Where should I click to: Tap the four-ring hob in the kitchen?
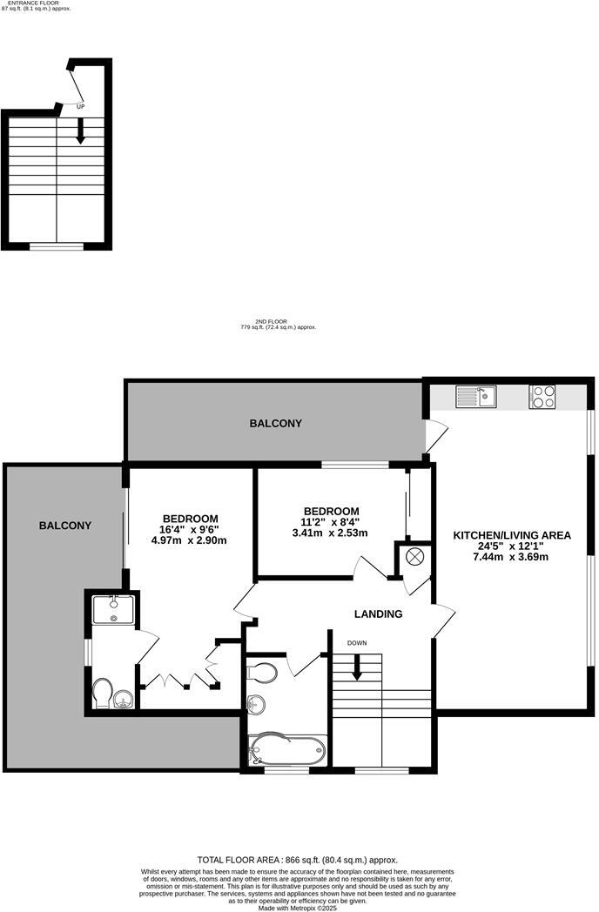coord(542,397)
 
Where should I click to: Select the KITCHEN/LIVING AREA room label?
coord(511,535)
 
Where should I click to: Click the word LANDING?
coord(378,614)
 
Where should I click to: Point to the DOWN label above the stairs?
coord(357,643)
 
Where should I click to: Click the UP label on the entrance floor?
coord(81,106)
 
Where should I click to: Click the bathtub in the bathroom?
coord(286,749)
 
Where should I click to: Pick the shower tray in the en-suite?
coord(114,608)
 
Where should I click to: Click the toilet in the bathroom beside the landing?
coord(262,671)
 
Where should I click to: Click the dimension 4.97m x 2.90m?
coord(189,540)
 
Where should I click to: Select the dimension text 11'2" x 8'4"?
coord(330,522)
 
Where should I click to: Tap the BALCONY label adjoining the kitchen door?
coord(276,424)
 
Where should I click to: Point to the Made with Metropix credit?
coord(299,907)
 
